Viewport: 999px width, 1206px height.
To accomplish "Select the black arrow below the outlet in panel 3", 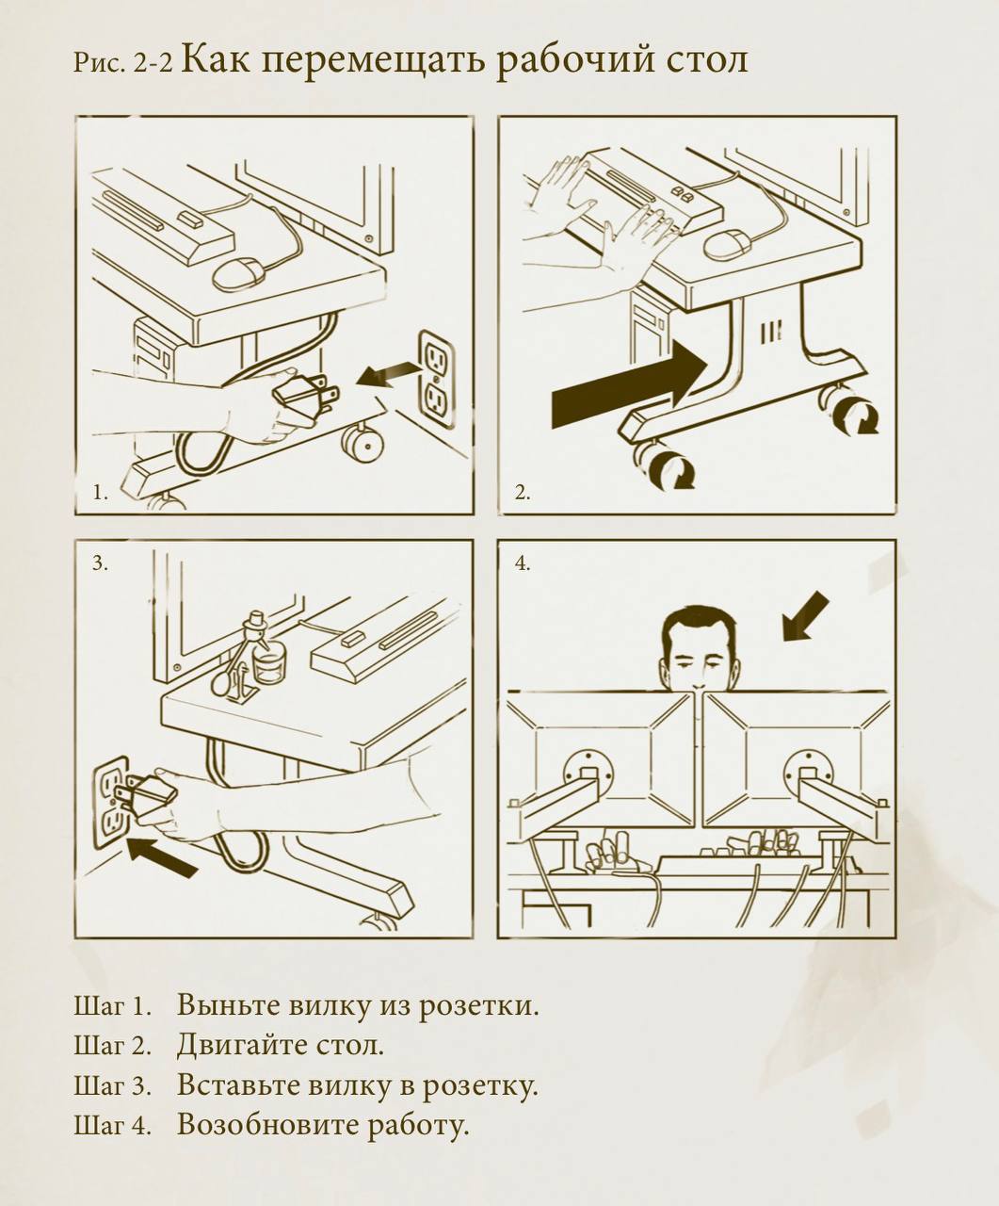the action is [x=162, y=858].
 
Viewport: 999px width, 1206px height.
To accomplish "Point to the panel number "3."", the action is [x=101, y=563].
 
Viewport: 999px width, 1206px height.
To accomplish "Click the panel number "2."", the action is [x=523, y=493].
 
